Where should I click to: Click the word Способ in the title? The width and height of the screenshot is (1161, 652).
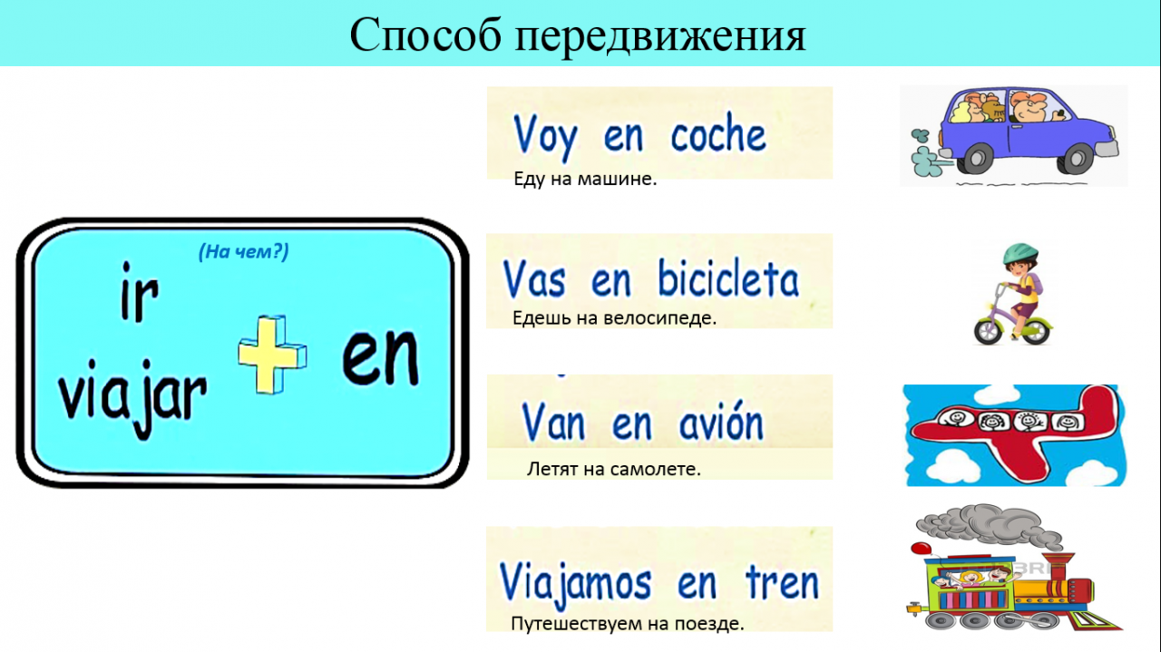[425, 34]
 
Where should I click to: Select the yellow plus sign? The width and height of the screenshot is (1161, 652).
[272, 355]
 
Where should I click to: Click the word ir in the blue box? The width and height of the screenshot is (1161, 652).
[140, 291]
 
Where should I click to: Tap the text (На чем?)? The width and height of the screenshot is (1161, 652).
[244, 252]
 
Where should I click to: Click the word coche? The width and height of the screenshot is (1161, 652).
[717, 133]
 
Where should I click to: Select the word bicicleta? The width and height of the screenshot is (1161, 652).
[728, 278]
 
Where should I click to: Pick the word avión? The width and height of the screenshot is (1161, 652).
[721, 421]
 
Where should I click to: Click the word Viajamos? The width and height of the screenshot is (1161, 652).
[575, 584]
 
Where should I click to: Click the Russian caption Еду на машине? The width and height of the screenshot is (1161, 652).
[585, 179]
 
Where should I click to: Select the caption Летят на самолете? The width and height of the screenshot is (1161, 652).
[614, 469]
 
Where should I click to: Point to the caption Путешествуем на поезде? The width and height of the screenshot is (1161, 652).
[627, 624]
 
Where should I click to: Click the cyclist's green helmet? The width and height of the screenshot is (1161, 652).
[1020, 255]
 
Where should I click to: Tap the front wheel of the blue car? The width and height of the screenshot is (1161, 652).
[1076, 159]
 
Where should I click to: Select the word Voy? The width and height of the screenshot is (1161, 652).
[545, 137]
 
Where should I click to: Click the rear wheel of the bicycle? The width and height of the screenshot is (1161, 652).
[989, 330]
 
